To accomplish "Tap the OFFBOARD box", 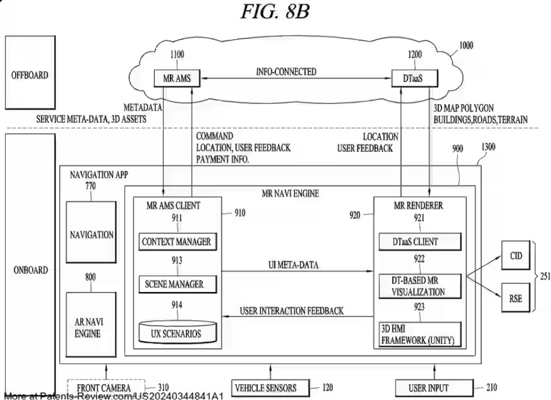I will point(29,76).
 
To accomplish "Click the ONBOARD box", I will point(29,270).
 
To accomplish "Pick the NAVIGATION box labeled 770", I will point(91,234).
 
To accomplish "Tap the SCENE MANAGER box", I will point(174,284).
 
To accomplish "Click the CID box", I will point(516,256).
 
